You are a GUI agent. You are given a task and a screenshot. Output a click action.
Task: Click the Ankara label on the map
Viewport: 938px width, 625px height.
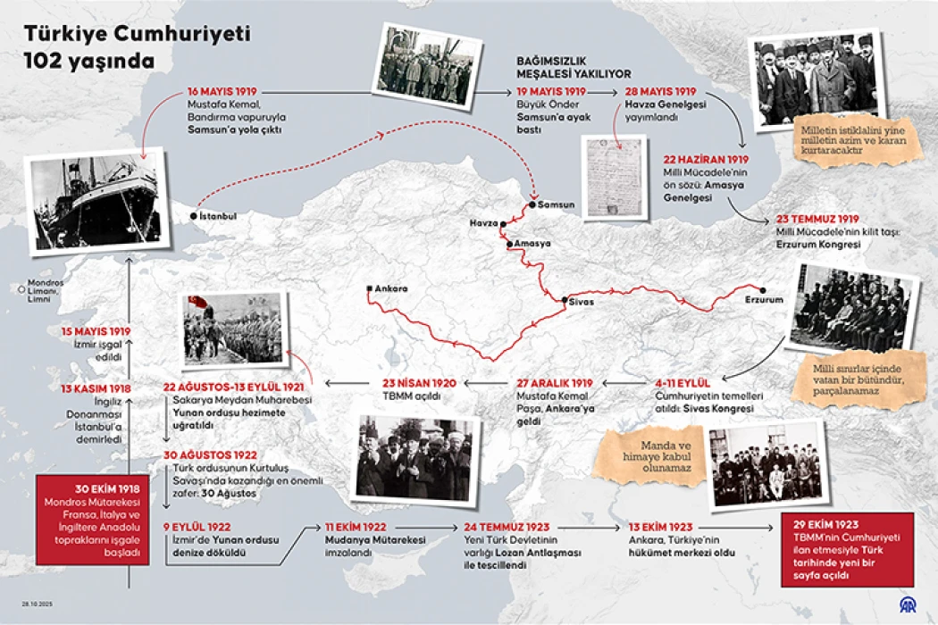(391, 288)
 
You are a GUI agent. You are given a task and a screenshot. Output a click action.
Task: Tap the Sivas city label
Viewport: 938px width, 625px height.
(581, 302)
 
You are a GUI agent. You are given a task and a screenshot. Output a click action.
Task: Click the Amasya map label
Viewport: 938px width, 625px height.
(532, 243)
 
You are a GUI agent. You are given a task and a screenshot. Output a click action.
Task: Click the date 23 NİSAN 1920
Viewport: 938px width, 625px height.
(420, 383)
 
